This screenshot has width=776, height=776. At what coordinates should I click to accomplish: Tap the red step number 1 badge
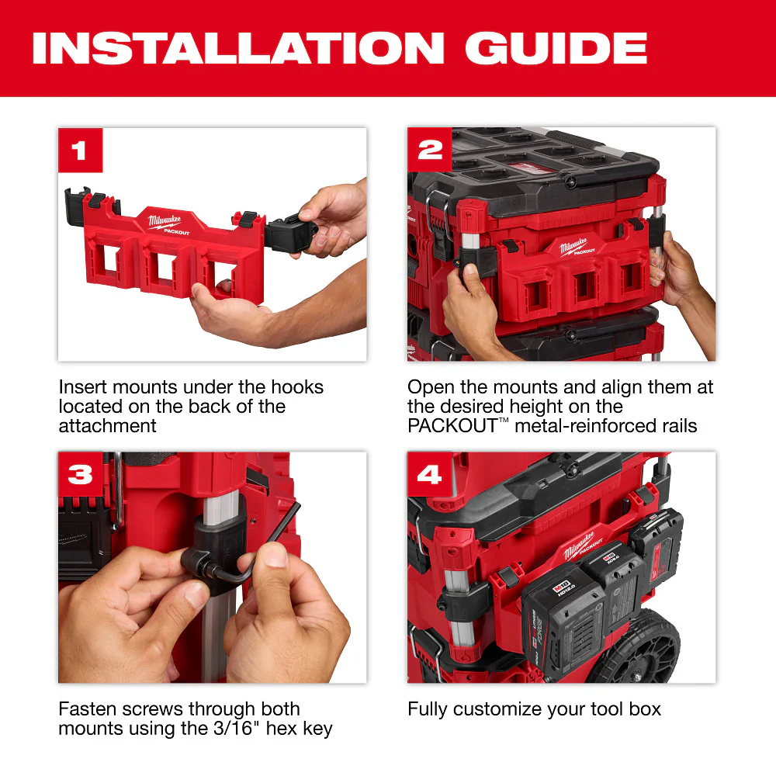click(80, 150)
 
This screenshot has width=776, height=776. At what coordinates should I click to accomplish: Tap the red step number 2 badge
click(429, 150)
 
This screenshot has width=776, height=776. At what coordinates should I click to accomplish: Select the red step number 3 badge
click(80, 474)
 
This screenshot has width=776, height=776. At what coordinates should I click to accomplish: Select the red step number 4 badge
click(429, 474)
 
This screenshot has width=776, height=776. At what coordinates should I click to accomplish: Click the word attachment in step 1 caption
click(107, 426)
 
